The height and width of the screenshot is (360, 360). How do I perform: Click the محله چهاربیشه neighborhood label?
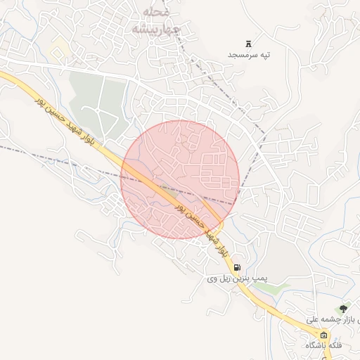pos(150,22)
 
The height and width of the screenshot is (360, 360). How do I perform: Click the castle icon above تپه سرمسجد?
pos(249,44)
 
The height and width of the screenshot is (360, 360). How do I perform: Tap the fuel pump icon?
pos(238,267)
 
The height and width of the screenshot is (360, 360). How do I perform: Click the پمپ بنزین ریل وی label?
pos(233,279)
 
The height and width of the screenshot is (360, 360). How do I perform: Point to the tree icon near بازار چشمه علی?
pos(343,308)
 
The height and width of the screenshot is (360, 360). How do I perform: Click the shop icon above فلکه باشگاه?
pos(323,335)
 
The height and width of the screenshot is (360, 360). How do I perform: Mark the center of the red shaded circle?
pos(180,179)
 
